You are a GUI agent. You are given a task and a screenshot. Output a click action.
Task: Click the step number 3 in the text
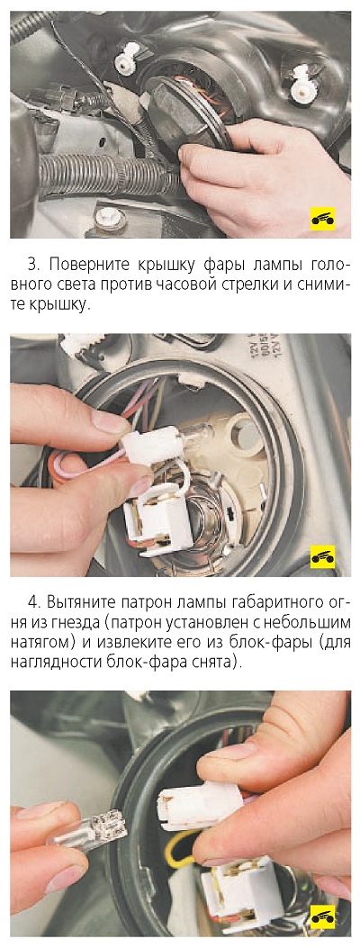32,266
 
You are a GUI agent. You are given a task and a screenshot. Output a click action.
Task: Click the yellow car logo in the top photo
322,218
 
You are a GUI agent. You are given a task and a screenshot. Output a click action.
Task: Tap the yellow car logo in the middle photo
322,557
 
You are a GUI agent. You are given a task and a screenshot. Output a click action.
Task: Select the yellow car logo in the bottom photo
322,916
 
